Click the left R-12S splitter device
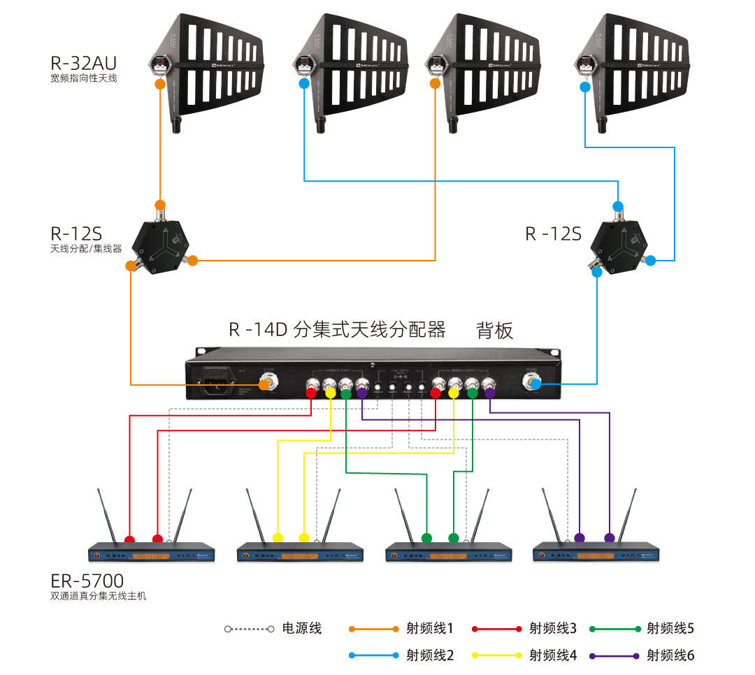click(x=162, y=245)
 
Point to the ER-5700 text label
click(x=87, y=581)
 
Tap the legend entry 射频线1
click(x=429, y=628)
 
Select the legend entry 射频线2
click(x=429, y=655)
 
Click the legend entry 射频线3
click(x=552, y=628)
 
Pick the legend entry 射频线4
click(x=552, y=655)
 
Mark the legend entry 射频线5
click(x=670, y=628)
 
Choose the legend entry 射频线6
click(x=670, y=655)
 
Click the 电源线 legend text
click(x=301, y=628)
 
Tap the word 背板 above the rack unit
click(x=494, y=330)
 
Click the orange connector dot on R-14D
click(x=265, y=384)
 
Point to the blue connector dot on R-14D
click(x=535, y=384)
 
